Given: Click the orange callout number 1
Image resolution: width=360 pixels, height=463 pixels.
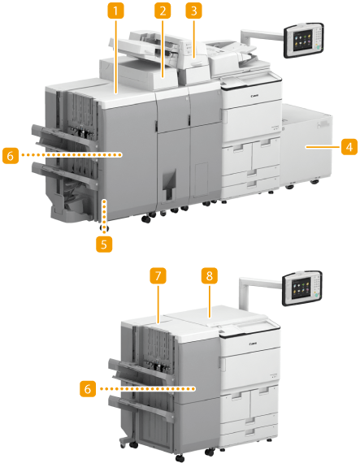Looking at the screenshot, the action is tap(115, 11).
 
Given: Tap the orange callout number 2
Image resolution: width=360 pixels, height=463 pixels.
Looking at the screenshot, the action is tap(163, 11).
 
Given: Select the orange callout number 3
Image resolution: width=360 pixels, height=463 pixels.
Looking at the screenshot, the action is tap(193, 11).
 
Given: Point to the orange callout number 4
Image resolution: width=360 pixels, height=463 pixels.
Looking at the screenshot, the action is tap(349, 147).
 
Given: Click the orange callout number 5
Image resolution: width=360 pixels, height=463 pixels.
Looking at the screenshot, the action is tap(104, 244).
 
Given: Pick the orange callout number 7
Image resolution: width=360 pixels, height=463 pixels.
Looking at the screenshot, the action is tap(158, 276).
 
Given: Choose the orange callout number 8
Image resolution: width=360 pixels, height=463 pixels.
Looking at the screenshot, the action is tap(210, 276).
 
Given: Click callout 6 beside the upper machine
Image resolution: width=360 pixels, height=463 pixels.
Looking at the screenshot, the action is tap(11, 155).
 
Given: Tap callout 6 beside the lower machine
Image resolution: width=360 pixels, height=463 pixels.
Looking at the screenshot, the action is tap(88, 388).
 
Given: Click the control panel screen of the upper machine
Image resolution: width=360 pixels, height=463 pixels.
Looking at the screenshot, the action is tap(302, 39).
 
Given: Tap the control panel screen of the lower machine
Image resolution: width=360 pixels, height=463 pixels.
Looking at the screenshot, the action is tap(301, 288).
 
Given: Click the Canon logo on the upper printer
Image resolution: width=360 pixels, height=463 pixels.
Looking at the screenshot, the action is tap(254, 96).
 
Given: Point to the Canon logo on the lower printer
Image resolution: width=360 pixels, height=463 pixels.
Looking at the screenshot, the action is tap(253, 344).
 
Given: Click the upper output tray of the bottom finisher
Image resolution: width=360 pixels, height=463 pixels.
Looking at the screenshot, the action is tap(140, 369).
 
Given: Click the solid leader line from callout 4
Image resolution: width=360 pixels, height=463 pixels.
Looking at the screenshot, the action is tap(323, 147).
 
